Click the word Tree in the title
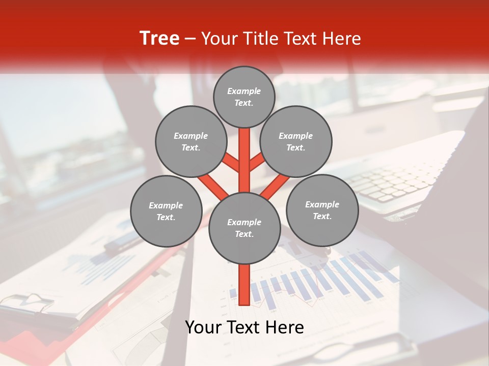click(x=159, y=38)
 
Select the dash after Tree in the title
click(x=190, y=39)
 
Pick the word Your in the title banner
click(x=220, y=39)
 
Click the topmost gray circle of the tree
click(x=244, y=97)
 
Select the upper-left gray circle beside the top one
click(x=191, y=141)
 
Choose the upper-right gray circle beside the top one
click(x=296, y=141)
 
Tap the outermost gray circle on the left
click(x=166, y=211)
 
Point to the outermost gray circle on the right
click(x=322, y=210)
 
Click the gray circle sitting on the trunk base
click(x=244, y=228)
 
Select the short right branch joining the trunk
click(x=256, y=163)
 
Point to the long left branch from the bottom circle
click(x=213, y=186)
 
